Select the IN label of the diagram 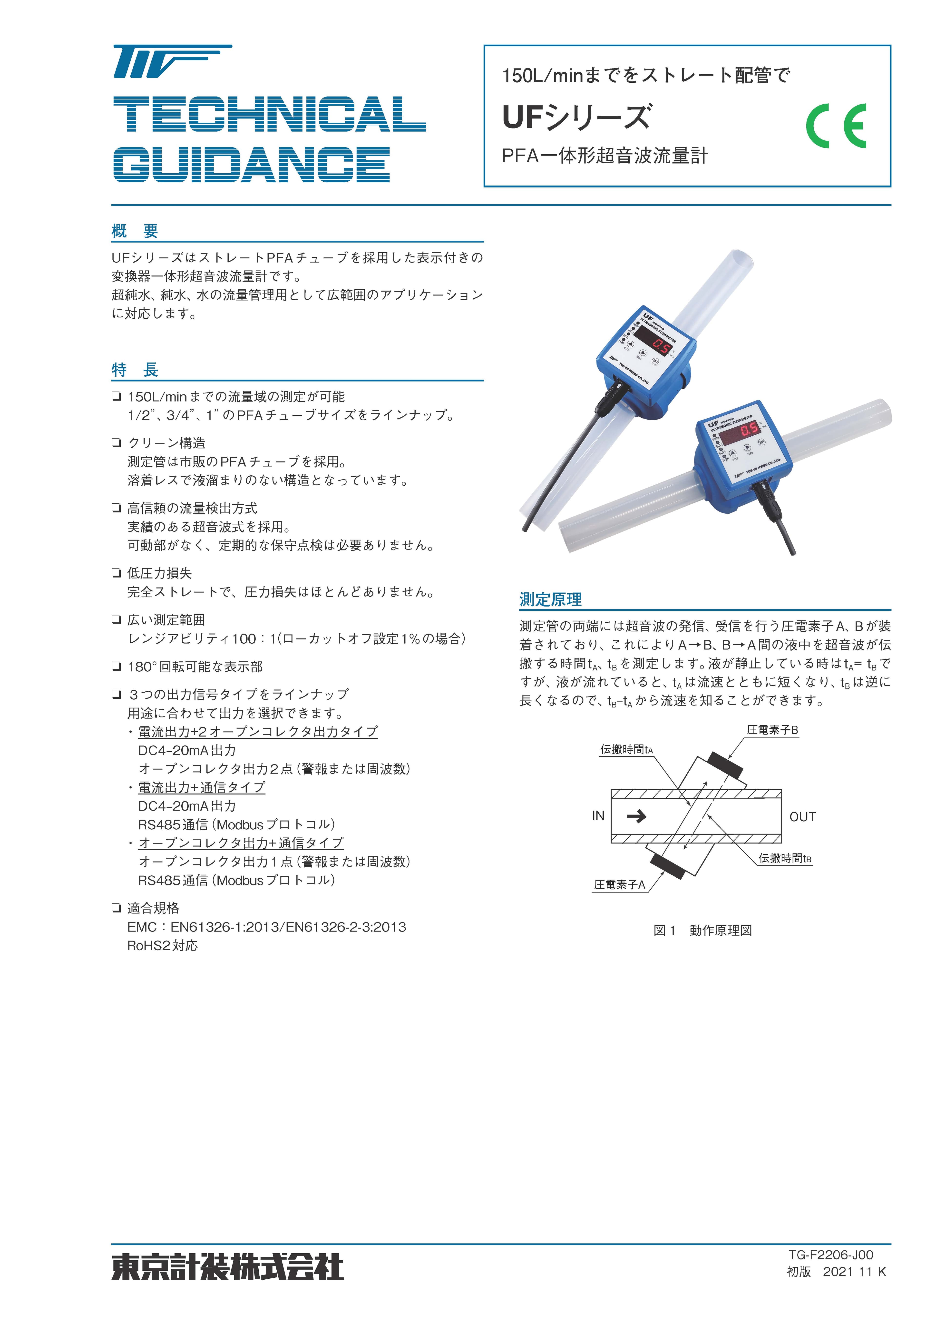coord(598,815)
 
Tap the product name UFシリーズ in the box coord(577,117)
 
